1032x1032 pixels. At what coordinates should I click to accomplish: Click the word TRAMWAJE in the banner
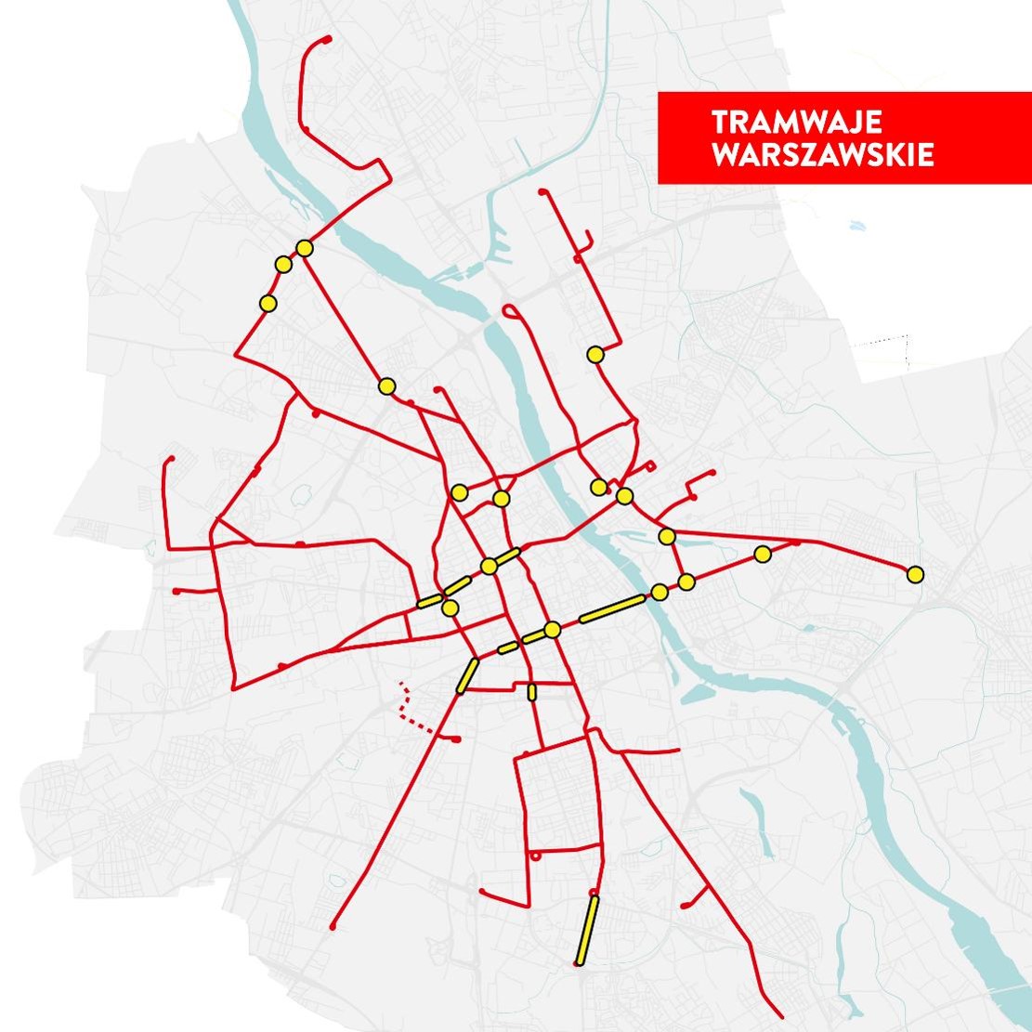coord(795,124)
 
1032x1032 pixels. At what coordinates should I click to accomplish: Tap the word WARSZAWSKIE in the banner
coord(822,155)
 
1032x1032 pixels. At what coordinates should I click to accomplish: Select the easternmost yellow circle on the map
coord(915,574)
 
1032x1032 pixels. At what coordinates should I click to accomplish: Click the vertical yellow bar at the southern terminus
coord(585,930)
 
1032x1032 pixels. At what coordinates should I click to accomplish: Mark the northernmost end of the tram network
coord(328,38)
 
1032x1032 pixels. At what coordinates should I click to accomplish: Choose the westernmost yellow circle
coord(268,303)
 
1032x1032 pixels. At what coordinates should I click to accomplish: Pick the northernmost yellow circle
coord(305,248)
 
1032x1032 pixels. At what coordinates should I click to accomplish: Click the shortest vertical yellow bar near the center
coord(531,692)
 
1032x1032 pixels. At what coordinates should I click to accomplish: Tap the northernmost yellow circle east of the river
coord(594,354)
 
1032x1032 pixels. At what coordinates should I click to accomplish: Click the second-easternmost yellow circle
coord(763,555)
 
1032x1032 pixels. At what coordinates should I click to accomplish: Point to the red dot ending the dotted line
coord(456,739)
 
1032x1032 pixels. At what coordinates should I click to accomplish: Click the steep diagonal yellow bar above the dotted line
coord(467,675)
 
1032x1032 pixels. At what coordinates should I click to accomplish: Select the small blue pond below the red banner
coord(854,224)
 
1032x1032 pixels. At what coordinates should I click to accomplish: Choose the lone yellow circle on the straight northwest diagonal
coord(386,385)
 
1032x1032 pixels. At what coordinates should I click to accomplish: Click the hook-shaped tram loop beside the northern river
coord(510,311)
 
